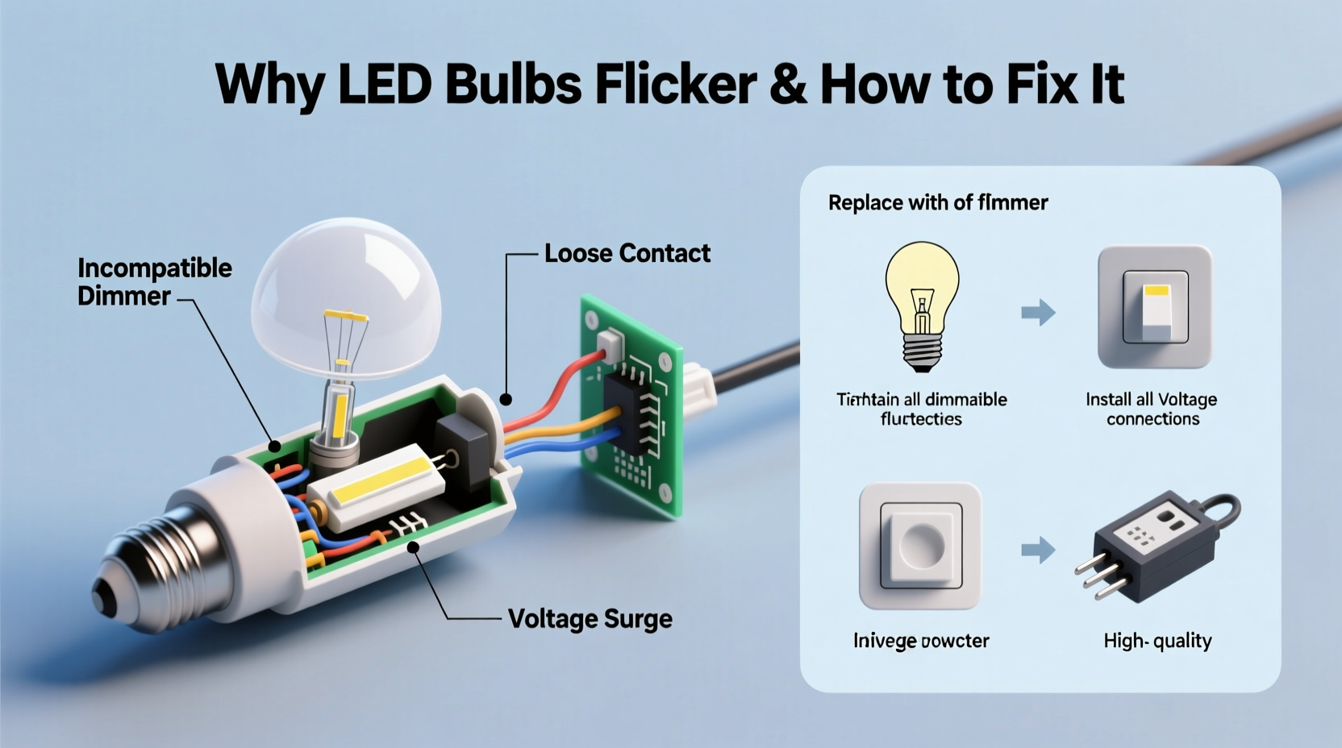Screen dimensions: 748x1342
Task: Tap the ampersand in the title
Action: pos(788,84)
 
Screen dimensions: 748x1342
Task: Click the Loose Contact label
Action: pos(627,253)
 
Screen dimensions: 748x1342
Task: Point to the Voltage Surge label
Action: pos(590,619)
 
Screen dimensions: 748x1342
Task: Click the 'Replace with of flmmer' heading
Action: pos(937,202)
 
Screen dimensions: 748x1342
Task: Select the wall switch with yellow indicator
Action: pos(1155,306)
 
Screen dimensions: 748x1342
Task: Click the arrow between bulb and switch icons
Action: pos(1038,312)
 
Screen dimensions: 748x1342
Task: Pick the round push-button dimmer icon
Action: pos(920,546)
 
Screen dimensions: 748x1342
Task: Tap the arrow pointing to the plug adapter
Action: pos(1038,551)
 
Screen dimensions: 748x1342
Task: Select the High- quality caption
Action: pos(1157,641)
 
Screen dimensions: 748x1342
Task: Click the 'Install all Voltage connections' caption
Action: pos(1151,409)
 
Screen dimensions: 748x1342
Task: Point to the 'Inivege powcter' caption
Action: pos(920,641)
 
